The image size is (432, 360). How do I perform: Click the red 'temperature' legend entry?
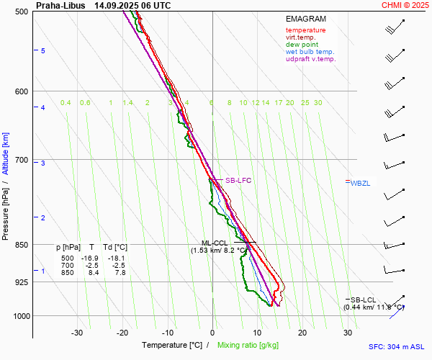pyautogui.click(x=305, y=30)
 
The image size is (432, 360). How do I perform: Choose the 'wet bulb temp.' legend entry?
pyautogui.click(x=310, y=52)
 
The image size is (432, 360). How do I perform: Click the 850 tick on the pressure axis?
pyautogui.click(x=22, y=245)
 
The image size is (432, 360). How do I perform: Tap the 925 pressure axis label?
pyautogui.click(x=22, y=282)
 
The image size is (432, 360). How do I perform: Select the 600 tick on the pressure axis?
pyautogui.click(x=22, y=91)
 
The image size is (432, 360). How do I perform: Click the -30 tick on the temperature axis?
pyautogui.click(x=77, y=333)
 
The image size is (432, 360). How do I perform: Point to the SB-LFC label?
pyautogui.click(x=238, y=180)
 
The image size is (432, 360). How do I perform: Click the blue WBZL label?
pyautogui.click(x=360, y=184)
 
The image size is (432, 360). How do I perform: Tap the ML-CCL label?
pyautogui.click(x=214, y=243)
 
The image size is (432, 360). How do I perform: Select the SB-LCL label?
pyautogui.click(x=363, y=299)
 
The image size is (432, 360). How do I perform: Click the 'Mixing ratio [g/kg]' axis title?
pyautogui.click(x=248, y=346)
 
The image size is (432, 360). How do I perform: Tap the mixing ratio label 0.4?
pyautogui.click(x=66, y=103)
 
